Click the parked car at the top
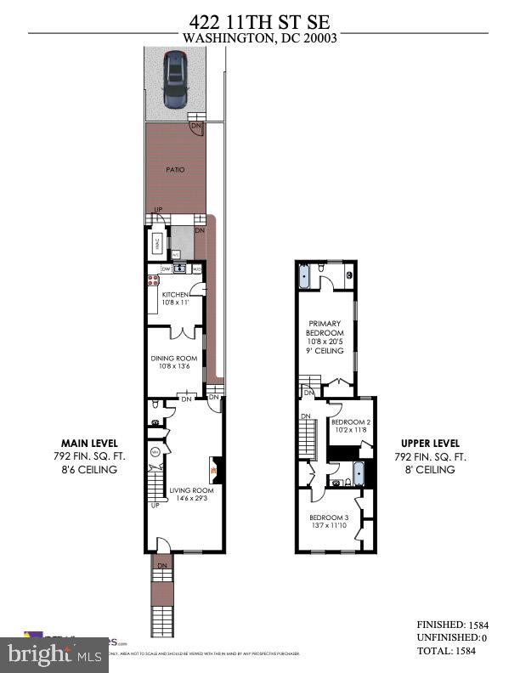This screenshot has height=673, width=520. [175, 78]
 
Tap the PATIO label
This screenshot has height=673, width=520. [174, 169]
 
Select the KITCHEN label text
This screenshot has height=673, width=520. [174, 294]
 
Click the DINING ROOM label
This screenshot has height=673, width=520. [173, 358]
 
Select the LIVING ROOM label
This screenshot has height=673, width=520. [190, 490]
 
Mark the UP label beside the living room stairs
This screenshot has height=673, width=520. [155, 506]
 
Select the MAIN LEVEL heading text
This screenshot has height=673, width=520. [88, 444]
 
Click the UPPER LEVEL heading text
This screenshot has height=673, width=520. [430, 444]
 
